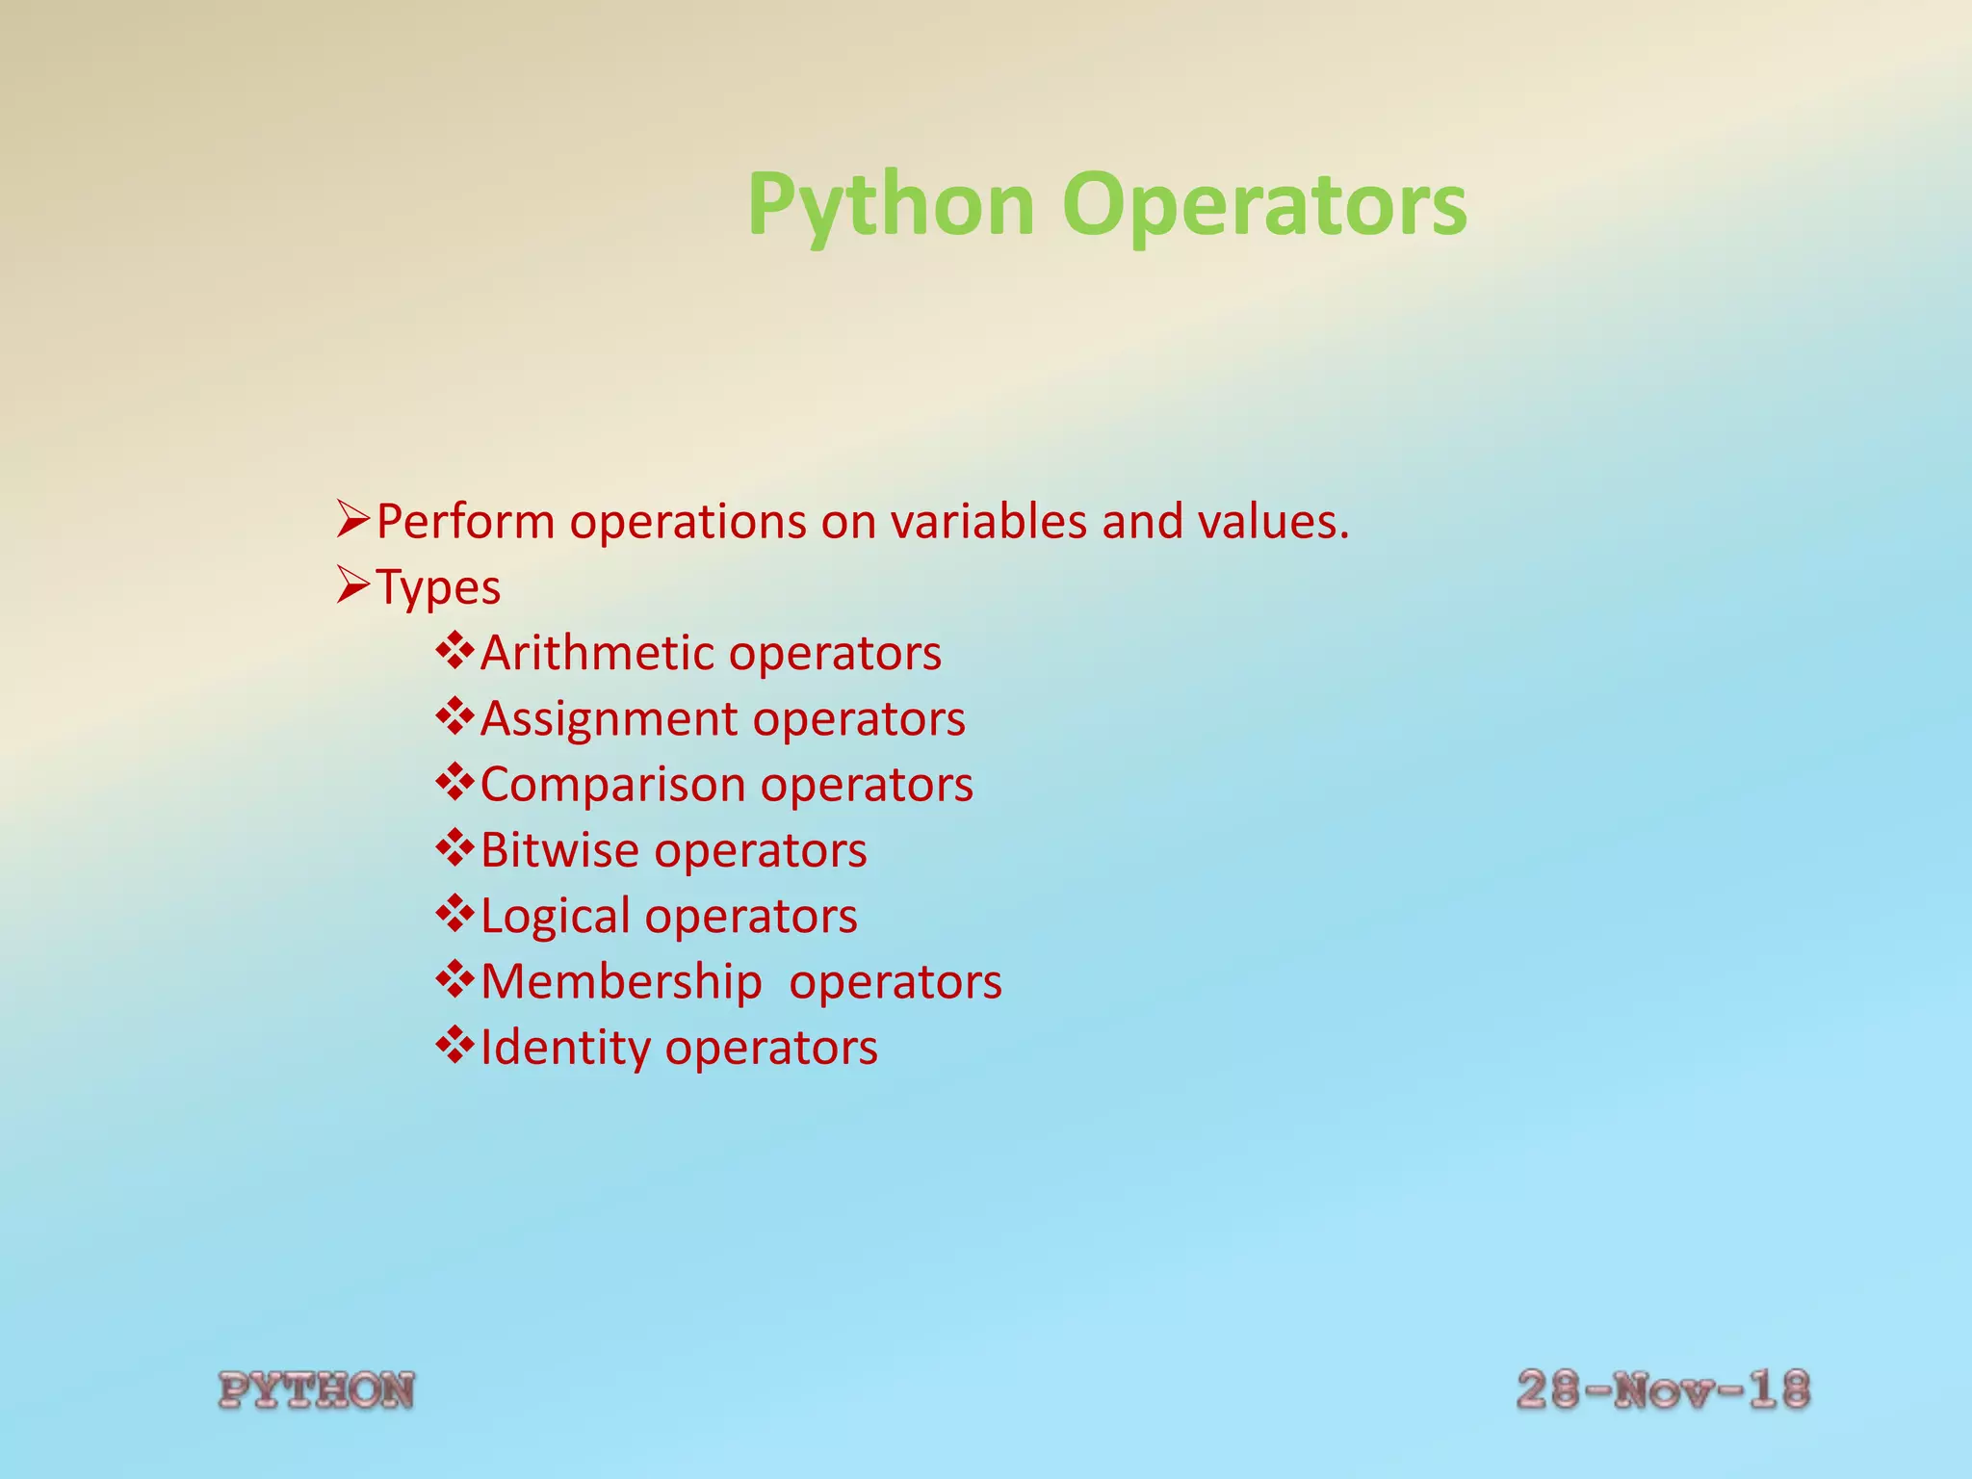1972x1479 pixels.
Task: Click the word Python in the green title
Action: coord(891,205)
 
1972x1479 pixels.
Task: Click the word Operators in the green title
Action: coord(1263,205)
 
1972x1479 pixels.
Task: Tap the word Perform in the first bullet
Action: coord(465,522)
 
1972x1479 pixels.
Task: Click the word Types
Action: coord(438,587)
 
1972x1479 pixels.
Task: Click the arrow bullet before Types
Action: coord(353,584)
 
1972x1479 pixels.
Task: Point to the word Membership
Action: coord(621,982)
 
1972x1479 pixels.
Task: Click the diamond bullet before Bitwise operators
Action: coord(454,847)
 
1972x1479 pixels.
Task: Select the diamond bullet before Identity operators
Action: coord(454,1045)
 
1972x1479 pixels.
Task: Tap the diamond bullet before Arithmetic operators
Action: coord(454,650)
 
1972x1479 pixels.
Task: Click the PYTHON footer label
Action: coord(317,1390)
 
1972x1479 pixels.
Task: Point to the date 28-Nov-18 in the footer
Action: coord(1663,1390)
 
